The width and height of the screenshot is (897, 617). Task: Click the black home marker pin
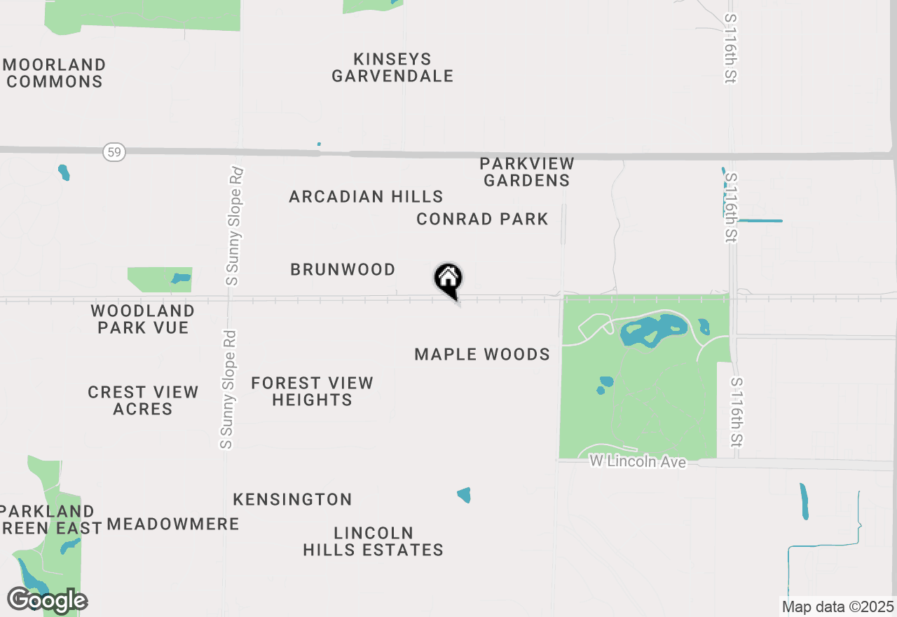point(448,279)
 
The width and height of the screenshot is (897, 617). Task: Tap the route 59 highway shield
point(114,151)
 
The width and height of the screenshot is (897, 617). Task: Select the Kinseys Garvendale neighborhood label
point(392,67)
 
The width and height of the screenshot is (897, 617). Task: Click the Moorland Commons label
point(55,73)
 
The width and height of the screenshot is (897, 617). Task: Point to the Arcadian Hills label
point(366,197)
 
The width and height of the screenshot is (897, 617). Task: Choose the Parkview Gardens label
point(526,172)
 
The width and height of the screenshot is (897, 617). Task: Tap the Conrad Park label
point(482,219)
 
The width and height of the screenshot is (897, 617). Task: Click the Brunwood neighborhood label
point(343,270)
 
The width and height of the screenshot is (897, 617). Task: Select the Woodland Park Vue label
point(143,319)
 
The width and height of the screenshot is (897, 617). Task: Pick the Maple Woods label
point(482,355)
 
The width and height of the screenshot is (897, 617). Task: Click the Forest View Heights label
point(312,391)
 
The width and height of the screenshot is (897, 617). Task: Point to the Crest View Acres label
point(143,400)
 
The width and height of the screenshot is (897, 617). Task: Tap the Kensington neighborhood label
point(292,500)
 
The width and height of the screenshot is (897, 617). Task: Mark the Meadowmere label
point(173,524)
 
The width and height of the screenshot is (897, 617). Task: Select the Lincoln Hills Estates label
point(373,541)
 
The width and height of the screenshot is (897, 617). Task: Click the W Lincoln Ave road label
point(637,462)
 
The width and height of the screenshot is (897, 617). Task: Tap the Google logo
point(47,601)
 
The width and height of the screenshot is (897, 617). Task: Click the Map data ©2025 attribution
point(837,606)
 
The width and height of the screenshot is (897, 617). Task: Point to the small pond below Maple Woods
point(464,495)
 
